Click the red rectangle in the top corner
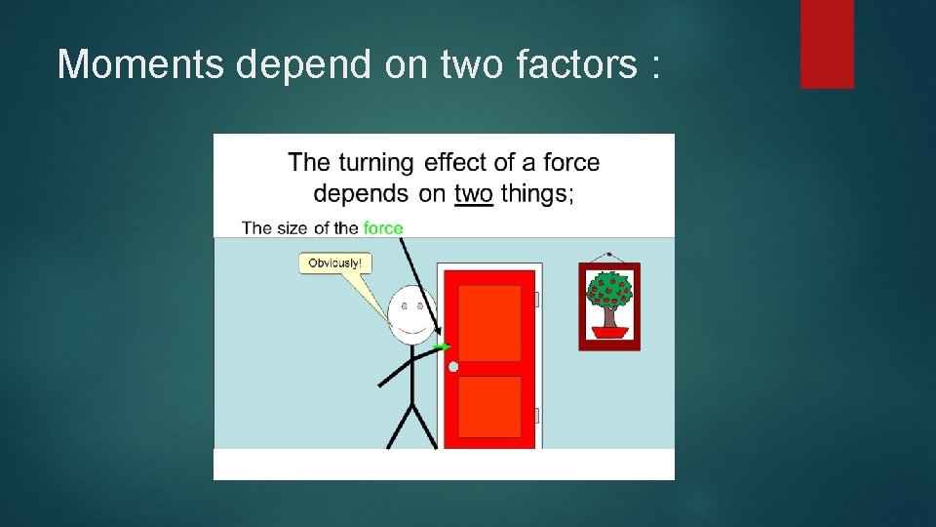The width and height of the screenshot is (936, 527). pos(827,44)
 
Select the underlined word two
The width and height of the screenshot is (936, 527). pos(474,193)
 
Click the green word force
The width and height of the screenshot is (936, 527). pos(382,228)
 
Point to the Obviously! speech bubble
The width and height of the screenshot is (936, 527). pos(335,263)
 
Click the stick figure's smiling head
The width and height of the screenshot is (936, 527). pos(410,311)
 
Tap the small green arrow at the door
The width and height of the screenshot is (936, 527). pos(442,345)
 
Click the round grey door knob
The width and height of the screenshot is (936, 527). pos(452,367)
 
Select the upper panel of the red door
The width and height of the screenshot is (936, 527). pos(488,323)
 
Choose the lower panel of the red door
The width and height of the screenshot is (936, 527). pos(488,407)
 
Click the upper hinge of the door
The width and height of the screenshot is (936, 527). pos(537,299)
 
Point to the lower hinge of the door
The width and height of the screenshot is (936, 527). pos(537,415)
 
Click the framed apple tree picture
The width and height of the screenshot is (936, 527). pos(609,305)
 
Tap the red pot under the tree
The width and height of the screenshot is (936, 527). pos(610,333)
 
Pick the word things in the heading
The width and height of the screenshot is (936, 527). pos(537,193)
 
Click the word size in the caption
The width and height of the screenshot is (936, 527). pos(289,228)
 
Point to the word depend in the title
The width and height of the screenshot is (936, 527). pos(302,66)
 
